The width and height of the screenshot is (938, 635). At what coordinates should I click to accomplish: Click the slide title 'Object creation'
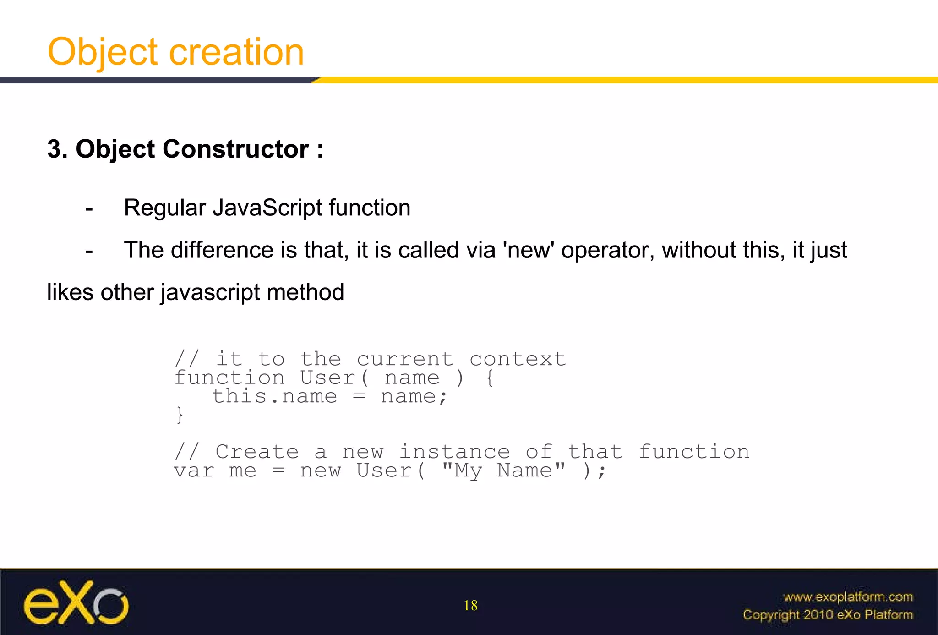click(x=175, y=52)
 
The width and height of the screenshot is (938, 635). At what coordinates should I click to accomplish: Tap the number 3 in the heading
click(x=55, y=149)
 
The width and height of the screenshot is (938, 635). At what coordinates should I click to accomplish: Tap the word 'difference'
click(x=222, y=250)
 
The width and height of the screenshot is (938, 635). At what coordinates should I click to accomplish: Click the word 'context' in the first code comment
click(x=518, y=359)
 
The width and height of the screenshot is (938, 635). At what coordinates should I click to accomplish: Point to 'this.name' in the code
click(x=274, y=396)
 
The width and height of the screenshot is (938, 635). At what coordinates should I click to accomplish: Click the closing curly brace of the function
click(x=180, y=415)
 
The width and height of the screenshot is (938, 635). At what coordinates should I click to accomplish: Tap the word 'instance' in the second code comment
click(x=454, y=452)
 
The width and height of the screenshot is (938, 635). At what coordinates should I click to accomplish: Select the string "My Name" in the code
click(x=503, y=471)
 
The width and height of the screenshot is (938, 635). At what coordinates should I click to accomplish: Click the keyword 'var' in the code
click(x=194, y=471)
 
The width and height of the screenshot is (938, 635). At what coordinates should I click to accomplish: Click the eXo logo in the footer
click(x=76, y=603)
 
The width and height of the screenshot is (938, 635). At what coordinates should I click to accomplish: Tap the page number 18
click(x=470, y=606)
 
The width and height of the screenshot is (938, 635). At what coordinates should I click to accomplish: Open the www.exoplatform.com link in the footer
click(x=848, y=597)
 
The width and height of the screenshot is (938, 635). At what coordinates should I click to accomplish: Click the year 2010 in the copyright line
click(x=818, y=615)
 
